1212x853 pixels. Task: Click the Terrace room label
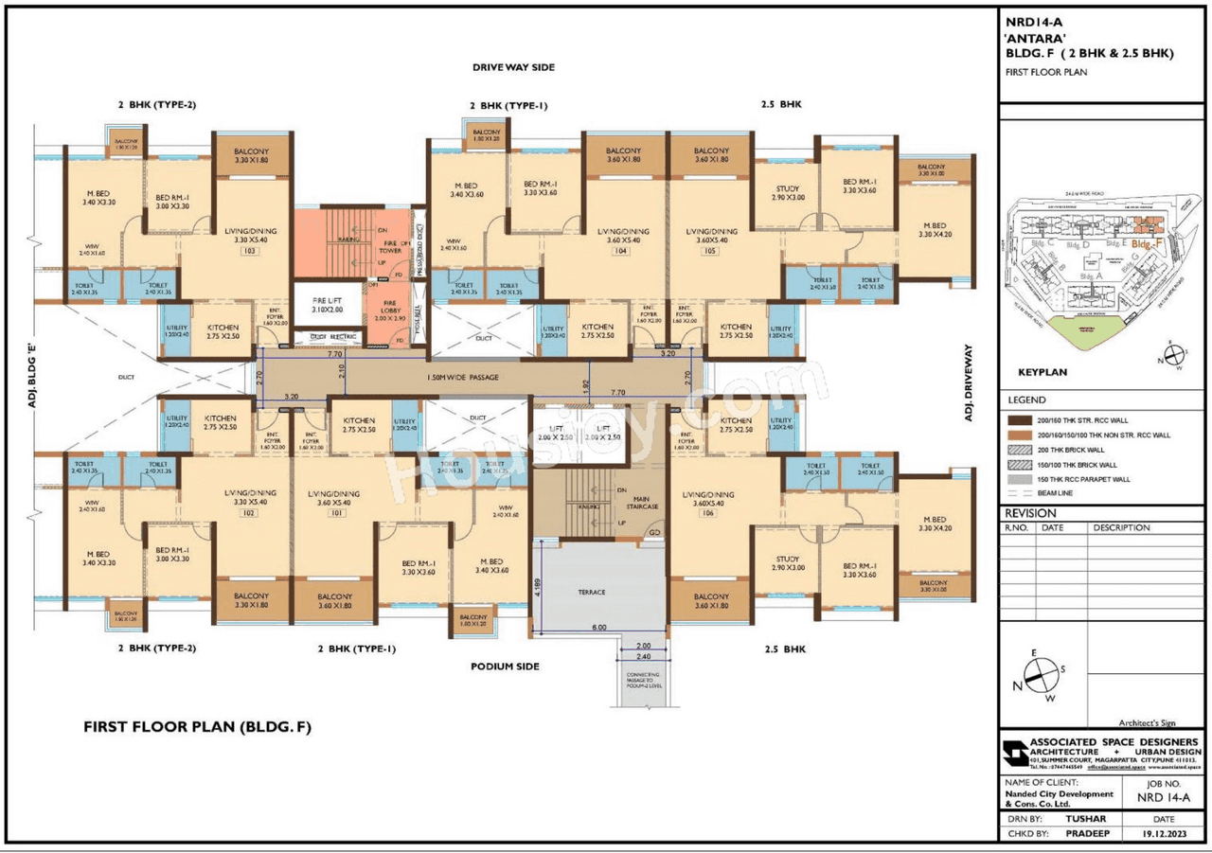592,593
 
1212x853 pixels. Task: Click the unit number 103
250,253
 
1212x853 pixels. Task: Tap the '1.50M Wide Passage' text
462,378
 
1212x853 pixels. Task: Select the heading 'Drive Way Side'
514,67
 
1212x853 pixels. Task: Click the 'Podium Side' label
505,666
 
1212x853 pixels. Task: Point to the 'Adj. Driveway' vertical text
969,382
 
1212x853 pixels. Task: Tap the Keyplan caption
1042,372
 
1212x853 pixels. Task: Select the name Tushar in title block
1085,819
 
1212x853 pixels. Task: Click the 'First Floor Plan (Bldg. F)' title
197,727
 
